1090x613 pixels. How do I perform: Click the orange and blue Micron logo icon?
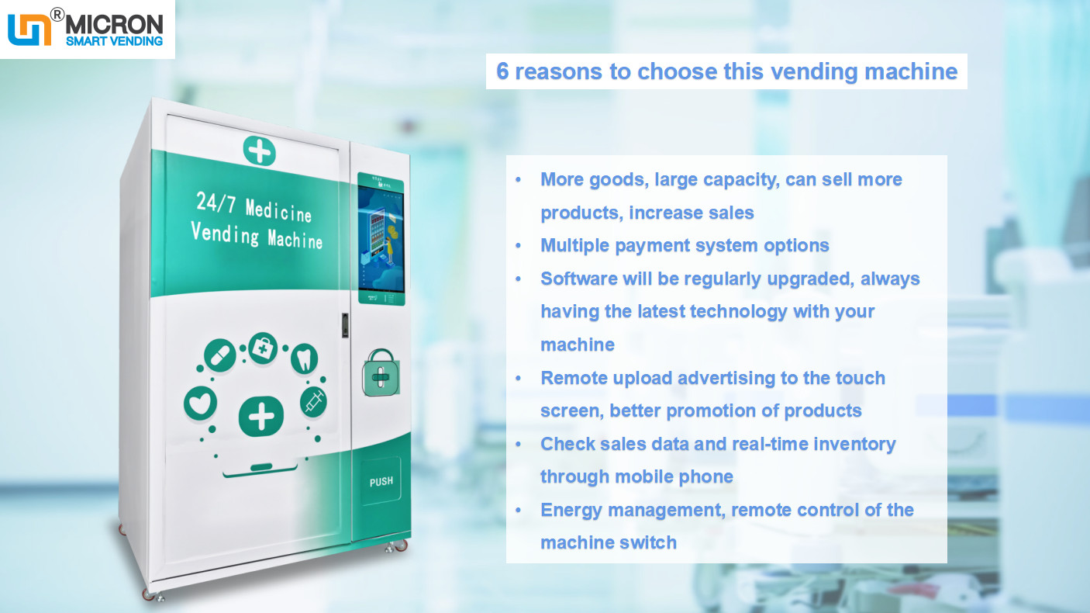click(29, 28)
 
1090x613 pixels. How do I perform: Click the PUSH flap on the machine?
click(381, 481)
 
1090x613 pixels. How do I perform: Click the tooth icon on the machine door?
click(304, 358)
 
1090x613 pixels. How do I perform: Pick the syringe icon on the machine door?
click(313, 401)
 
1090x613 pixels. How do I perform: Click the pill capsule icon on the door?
click(219, 355)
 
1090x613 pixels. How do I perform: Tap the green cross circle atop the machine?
click(259, 150)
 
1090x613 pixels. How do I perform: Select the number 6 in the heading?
click(502, 72)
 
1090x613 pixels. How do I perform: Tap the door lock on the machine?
click(344, 325)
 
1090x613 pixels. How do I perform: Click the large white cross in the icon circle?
click(261, 417)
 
